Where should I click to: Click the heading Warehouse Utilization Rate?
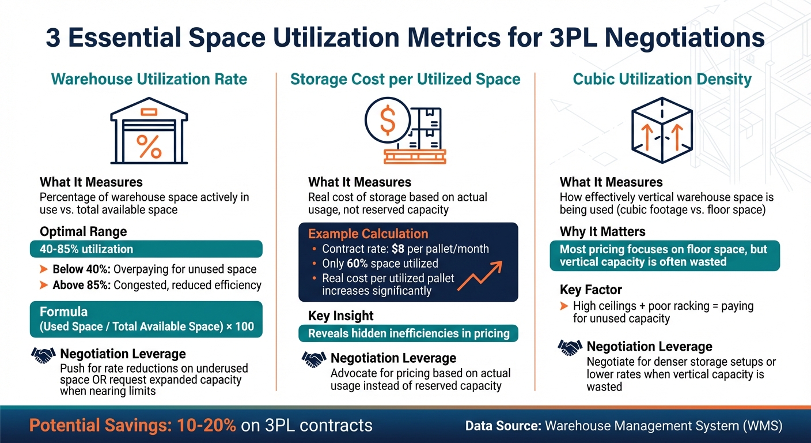coord(149,79)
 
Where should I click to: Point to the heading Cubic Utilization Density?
coord(662,79)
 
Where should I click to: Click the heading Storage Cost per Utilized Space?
coord(406,79)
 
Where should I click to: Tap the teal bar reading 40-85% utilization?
coord(146,249)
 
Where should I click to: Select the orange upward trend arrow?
coord(483,274)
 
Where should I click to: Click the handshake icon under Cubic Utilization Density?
coord(570,347)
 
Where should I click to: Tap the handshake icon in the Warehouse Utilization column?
coord(44,355)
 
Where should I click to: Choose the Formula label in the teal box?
coord(64,311)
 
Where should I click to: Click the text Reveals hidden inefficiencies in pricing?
coord(408,333)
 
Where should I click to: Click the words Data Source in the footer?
coord(502,426)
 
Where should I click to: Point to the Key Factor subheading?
coord(590,290)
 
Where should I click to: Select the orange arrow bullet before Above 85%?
coord(44,285)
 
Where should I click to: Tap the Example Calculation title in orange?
coord(368,234)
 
